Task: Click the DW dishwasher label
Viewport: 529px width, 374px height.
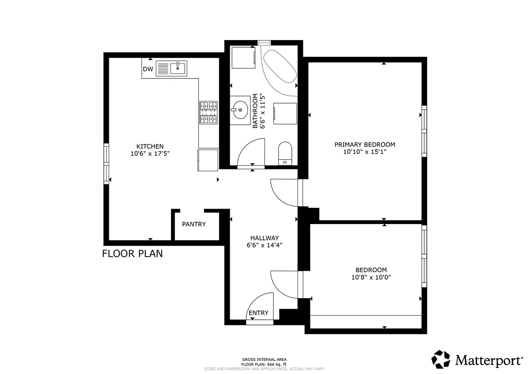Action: tap(148, 69)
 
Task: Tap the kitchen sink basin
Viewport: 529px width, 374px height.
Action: tap(178, 68)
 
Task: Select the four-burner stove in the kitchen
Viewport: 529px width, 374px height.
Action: tap(208, 113)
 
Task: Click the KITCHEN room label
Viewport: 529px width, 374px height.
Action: tap(150, 146)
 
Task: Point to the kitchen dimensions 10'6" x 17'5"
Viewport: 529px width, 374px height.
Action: tap(150, 153)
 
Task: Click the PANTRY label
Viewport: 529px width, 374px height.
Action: tap(194, 224)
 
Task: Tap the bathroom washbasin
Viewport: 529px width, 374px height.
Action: tap(240, 110)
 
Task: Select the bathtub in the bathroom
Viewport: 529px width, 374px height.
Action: tap(280, 66)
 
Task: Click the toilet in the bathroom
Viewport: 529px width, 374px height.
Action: tap(285, 153)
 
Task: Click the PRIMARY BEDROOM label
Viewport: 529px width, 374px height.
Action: tap(365, 144)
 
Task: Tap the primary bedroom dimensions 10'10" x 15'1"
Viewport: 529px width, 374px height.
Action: tap(365, 152)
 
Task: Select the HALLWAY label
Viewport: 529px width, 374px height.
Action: tap(264, 238)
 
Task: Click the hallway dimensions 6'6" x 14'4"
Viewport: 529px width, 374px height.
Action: tap(264, 245)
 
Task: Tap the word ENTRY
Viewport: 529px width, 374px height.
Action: tap(259, 313)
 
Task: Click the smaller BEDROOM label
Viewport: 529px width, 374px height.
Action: tap(371, 270)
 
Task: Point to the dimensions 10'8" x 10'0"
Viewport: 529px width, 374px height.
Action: tap(371, 277)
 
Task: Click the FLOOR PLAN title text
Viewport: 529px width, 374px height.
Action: tap(133, 254)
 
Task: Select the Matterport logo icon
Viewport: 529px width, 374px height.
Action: tap(441, 359)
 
